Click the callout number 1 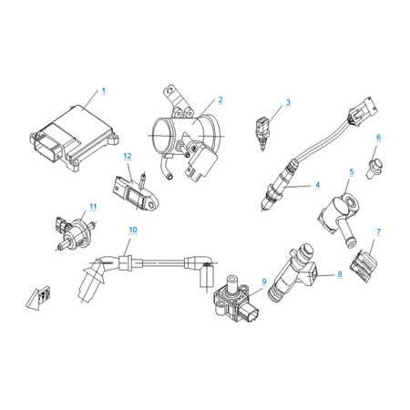click(x=104, y=90)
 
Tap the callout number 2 click(x=220, y=99)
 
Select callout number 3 click(x=288, y=102)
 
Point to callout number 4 click(x=318, y=185)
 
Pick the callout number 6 click(x=379, y=138)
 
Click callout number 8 click(x=340, y=274)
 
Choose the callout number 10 click(x=133, y=230)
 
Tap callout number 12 click(x=128, y=156)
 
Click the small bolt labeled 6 click(x=374, y=168)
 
